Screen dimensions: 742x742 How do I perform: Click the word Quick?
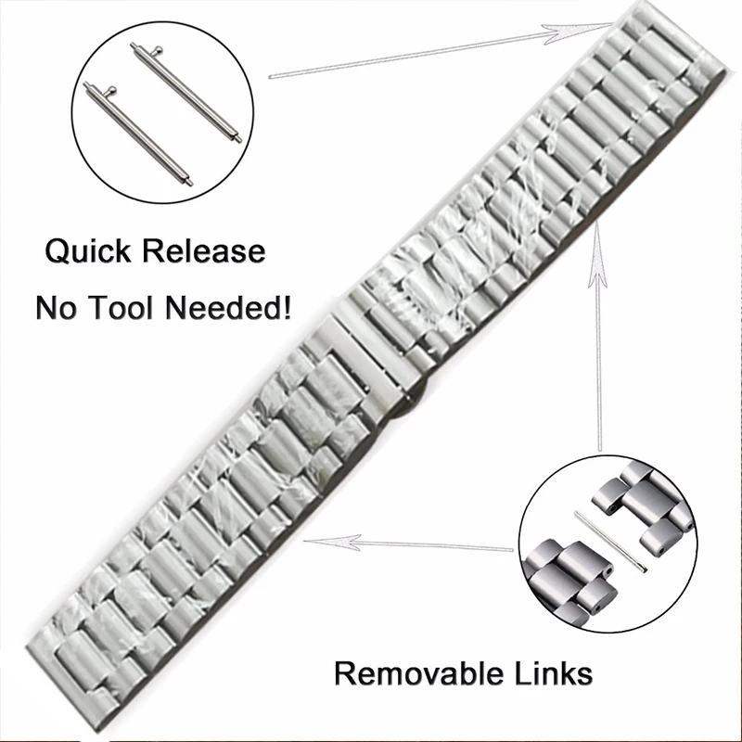tap(89, 250)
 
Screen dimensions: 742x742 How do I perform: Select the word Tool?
tap(129, 308)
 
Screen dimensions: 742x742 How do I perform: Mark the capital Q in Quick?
tap(57, 251)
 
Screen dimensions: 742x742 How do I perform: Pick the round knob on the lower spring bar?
tap(112, 89)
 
